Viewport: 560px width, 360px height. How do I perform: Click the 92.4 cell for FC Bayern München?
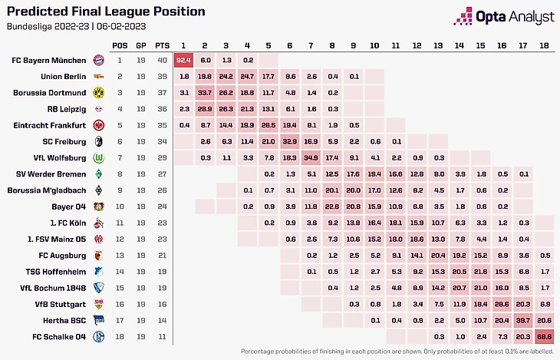(183, 59)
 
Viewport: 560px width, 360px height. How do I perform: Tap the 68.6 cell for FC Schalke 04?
(544, 335)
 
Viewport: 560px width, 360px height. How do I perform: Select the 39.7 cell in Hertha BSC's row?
(523, 319)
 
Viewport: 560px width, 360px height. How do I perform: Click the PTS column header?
(162, 45)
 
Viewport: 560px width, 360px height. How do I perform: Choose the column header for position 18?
(544, 45)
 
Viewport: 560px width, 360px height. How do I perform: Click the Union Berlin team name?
(64, 76)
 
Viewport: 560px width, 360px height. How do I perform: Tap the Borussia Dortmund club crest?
(98, 93)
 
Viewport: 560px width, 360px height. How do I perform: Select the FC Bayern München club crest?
(98, 59)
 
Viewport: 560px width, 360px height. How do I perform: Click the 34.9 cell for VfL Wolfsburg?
(311, 157)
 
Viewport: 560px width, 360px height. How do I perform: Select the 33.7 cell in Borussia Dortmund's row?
(204, 93)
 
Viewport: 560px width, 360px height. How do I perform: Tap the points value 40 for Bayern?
(162, 59)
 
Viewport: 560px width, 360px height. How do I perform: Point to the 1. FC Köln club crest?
(98, 223)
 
